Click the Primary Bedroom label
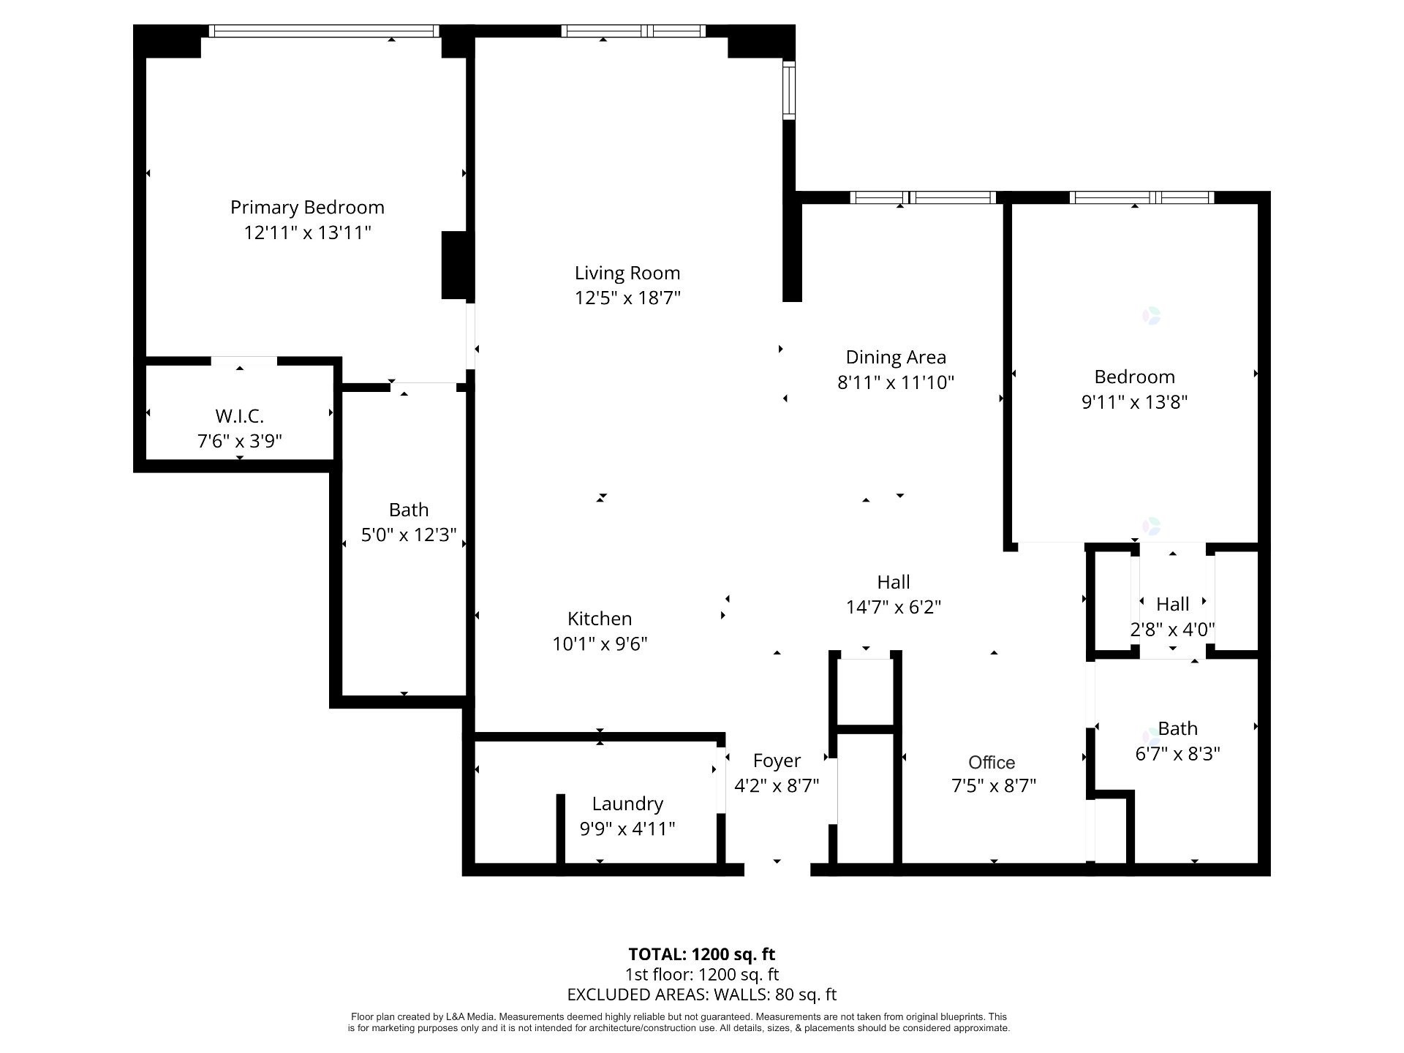pos(307,208)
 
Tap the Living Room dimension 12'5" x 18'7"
pos(627,298)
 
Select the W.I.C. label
pos(239,416)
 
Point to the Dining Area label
pos(896,358)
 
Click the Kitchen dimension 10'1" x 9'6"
pos(600,644)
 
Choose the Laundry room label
pos(627,804)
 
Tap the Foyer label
pos(777,761)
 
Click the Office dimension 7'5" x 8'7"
pos(993,786)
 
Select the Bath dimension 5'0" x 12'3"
pos(409,535)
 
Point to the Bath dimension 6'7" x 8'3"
pos(1177,754)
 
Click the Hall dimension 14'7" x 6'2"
pos(894,608)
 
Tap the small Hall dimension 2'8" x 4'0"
pos(1173,630)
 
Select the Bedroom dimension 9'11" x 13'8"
pos(1134,402)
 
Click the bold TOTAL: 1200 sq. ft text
pos(702,954)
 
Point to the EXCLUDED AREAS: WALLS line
pos(702,994)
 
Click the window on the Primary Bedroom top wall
pos(324,31)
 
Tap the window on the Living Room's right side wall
pos(789,90)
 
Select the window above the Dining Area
pos(924,197)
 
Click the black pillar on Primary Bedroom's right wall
pos(454,265)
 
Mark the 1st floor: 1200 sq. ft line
pos(702,975)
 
